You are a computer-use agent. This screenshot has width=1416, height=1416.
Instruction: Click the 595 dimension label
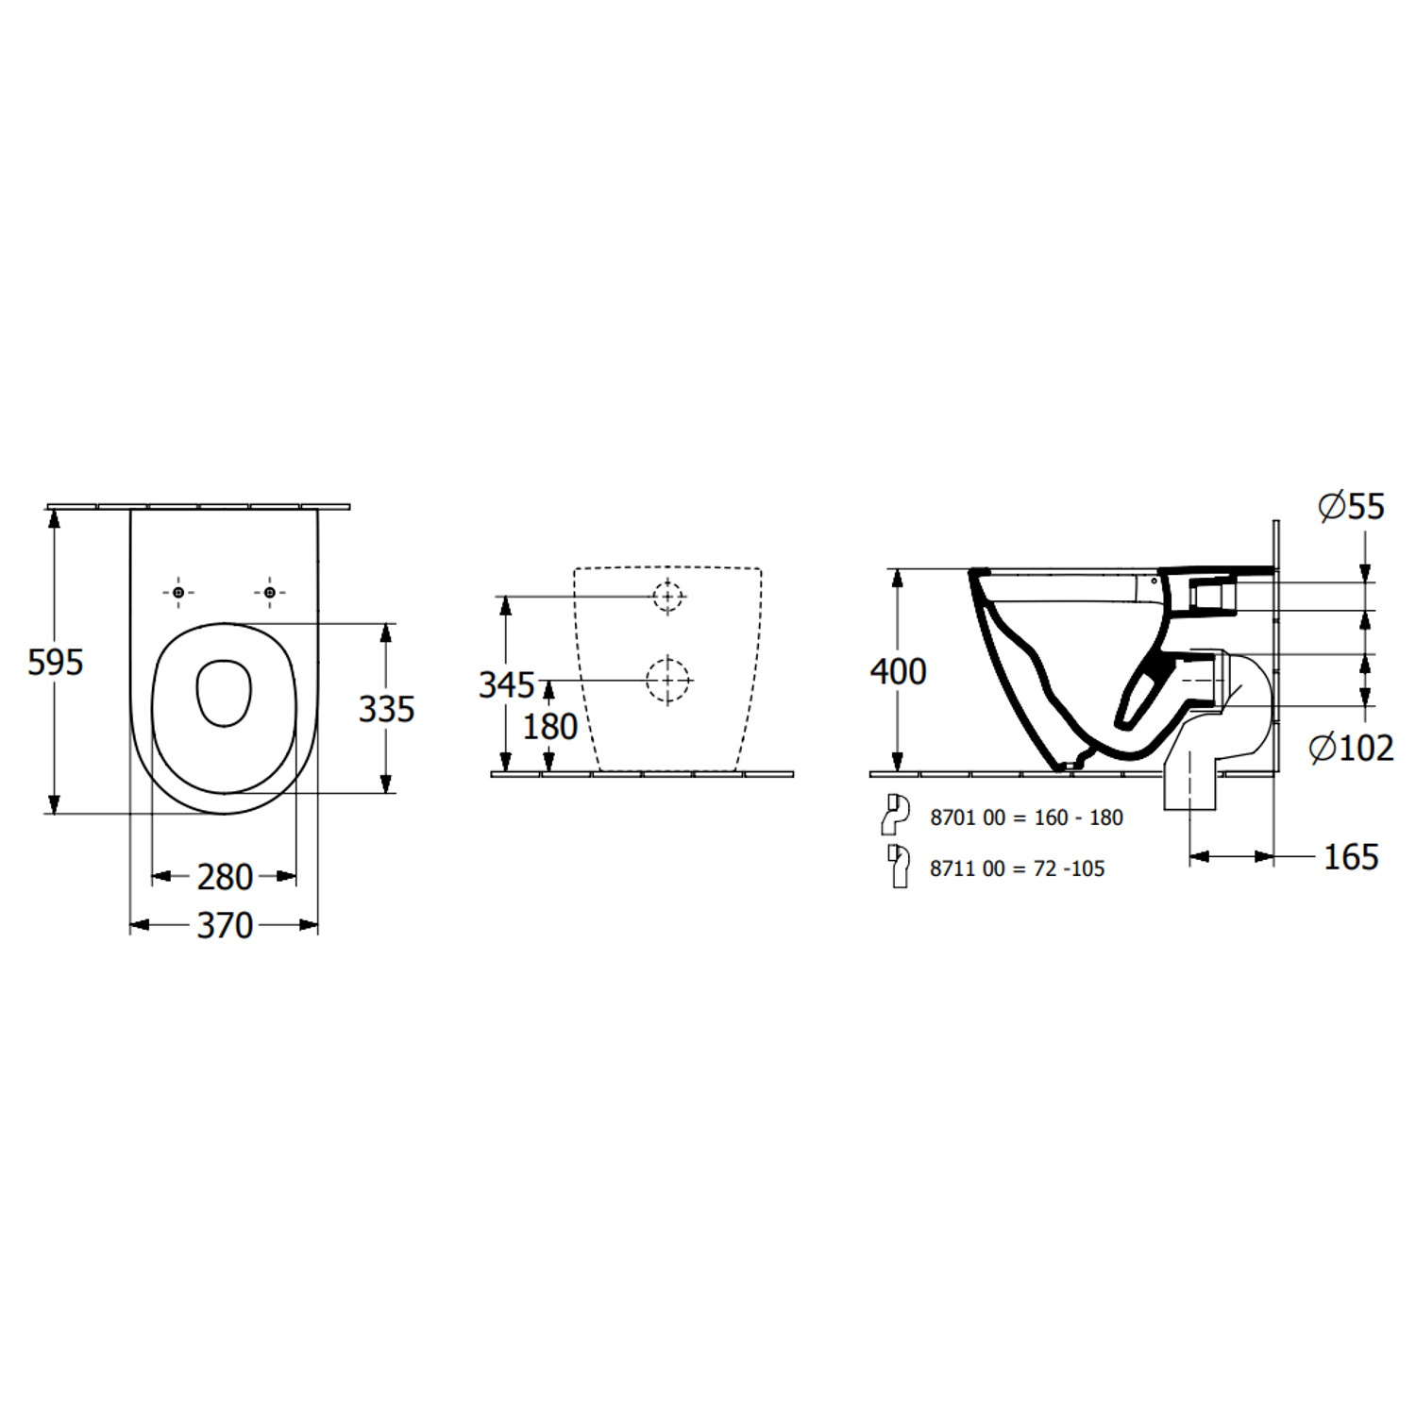56,663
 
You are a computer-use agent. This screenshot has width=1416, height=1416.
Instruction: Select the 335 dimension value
387,709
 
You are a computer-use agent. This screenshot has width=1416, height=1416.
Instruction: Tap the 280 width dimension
225,877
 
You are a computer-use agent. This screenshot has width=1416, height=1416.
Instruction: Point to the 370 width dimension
225,925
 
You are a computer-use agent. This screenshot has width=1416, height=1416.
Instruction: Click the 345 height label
507,685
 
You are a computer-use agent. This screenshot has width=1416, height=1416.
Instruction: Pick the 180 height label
550,727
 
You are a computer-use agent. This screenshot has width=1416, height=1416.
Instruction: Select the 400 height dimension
898,672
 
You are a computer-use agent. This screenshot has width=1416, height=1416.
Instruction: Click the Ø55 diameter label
1352,507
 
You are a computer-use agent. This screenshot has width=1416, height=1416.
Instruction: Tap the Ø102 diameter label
1352,749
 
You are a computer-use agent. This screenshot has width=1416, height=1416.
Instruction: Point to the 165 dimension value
1351,857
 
